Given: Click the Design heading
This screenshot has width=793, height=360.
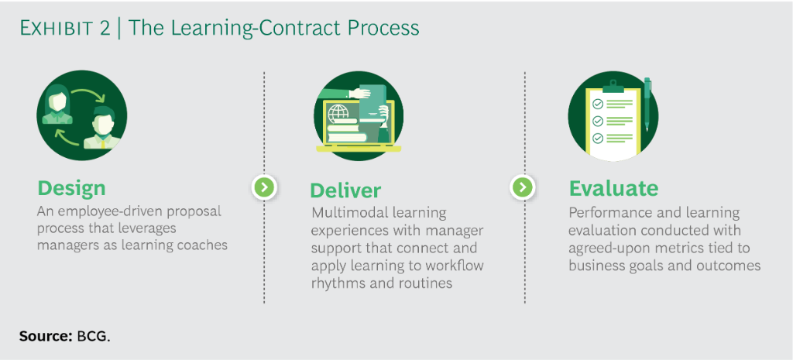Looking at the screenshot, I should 71,188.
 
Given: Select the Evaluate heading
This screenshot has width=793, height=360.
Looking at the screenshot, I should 613,188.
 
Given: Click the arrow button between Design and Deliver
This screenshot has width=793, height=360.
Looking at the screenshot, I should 264,187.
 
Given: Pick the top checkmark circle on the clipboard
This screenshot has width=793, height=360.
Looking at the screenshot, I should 597,104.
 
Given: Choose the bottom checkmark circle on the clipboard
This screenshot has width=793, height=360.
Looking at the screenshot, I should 597,139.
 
